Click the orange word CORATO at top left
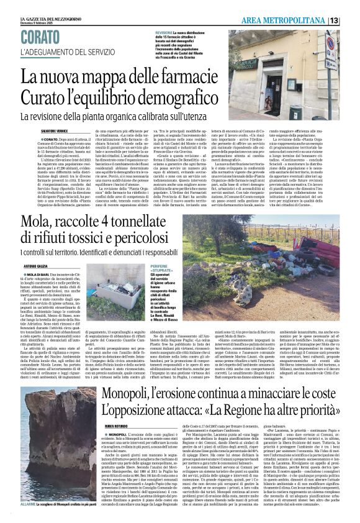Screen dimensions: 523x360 43,37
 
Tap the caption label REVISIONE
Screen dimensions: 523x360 164,31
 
